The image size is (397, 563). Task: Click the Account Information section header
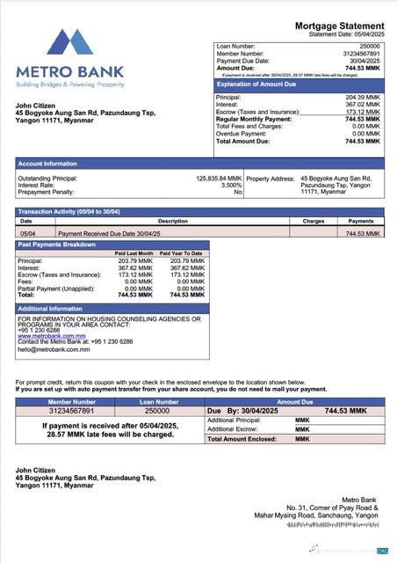[47, 164]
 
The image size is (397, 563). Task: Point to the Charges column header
[314, 221]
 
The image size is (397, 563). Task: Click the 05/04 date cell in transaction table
[27, 233]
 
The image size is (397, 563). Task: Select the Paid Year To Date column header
[181, 253]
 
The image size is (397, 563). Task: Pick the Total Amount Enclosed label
[241, 438]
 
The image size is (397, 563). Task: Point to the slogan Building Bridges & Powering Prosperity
[69, 84]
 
